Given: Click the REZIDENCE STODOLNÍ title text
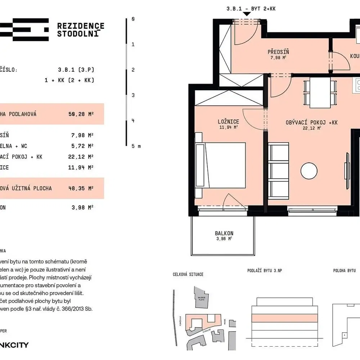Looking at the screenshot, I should pos(81,30).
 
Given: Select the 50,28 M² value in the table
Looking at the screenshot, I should pos(81,114).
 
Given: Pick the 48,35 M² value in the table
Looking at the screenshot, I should pos(81,188).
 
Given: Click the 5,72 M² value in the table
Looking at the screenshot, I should pos(82,146).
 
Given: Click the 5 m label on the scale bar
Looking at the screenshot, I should pos(136,146).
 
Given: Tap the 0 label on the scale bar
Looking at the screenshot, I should pos(133,19).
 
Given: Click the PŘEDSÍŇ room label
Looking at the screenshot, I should pos(278,52).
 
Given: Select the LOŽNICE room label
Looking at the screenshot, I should pos(228,122).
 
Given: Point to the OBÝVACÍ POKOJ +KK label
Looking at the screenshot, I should pos(311,123).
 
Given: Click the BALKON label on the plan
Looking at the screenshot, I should pos(224,233).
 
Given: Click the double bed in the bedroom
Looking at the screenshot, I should pos(221,165).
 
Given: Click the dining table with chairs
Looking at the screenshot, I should pos(320,93).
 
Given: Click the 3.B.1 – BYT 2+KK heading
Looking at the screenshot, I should pos(251,9).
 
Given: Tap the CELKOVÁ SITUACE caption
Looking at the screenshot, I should pos(188,274).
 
